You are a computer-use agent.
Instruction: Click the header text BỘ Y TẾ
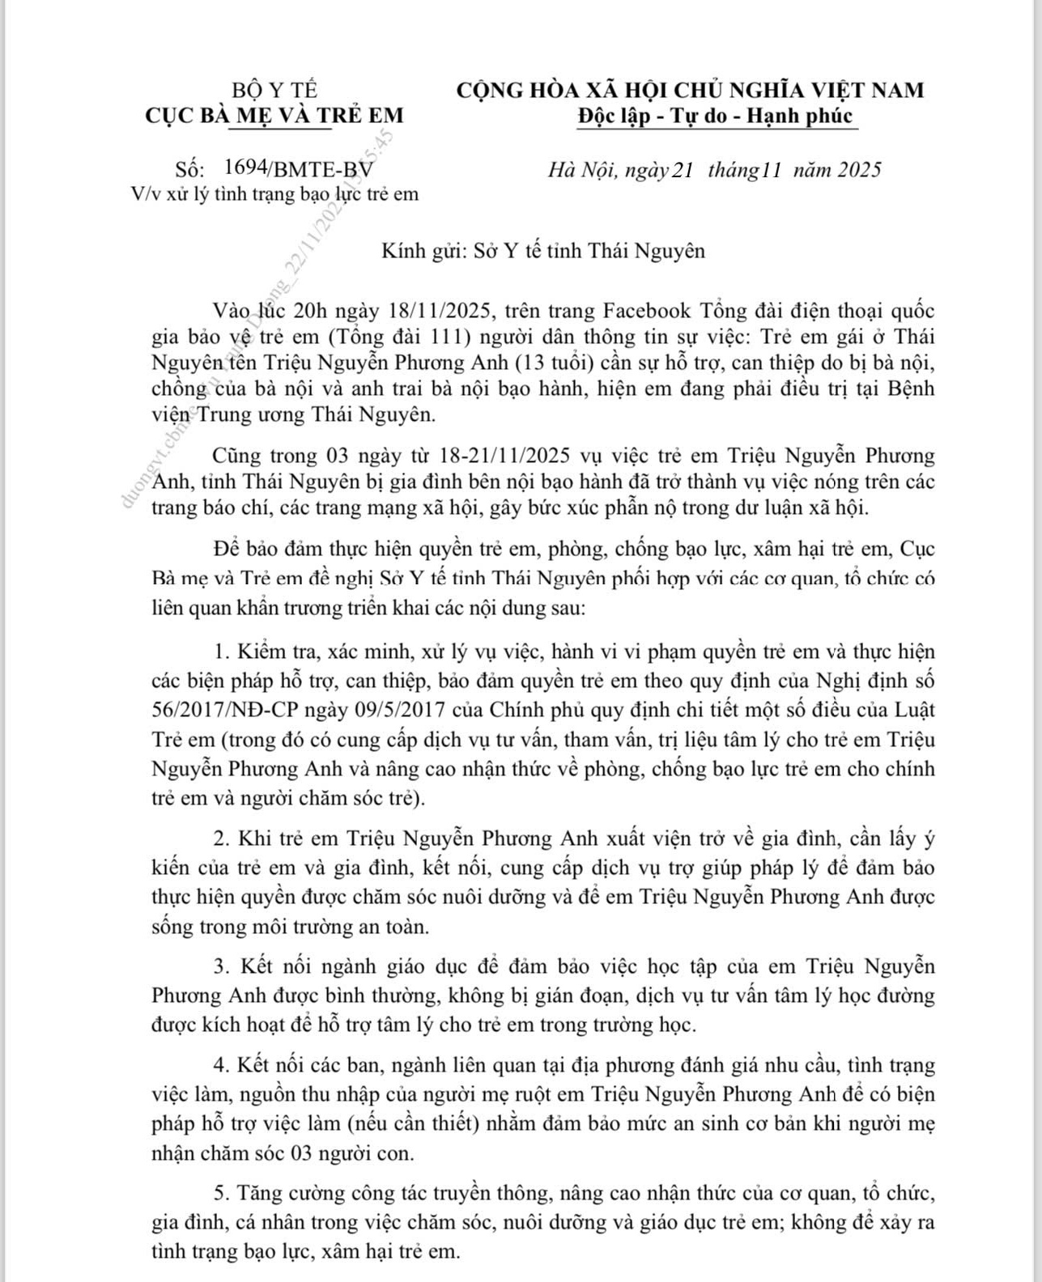[274, 90]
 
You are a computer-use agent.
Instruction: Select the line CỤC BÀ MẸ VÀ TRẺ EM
[274, 115]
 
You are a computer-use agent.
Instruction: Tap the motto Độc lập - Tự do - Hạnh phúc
[716, 116]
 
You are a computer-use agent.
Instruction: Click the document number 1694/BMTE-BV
[299, 168]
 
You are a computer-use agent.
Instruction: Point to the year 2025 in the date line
[859, 170]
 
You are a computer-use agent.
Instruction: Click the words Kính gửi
[419, 251]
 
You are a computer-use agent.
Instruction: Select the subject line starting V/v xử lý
[276, 194]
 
